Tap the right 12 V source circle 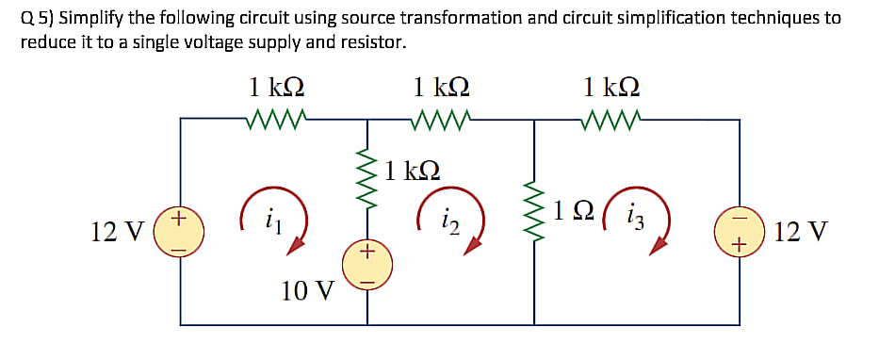tap(740, 230)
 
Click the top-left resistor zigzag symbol tap(273, 120)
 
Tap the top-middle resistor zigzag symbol tap(441, 120)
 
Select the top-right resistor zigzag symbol tap(610, 120)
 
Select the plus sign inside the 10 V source tap(367, 253)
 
